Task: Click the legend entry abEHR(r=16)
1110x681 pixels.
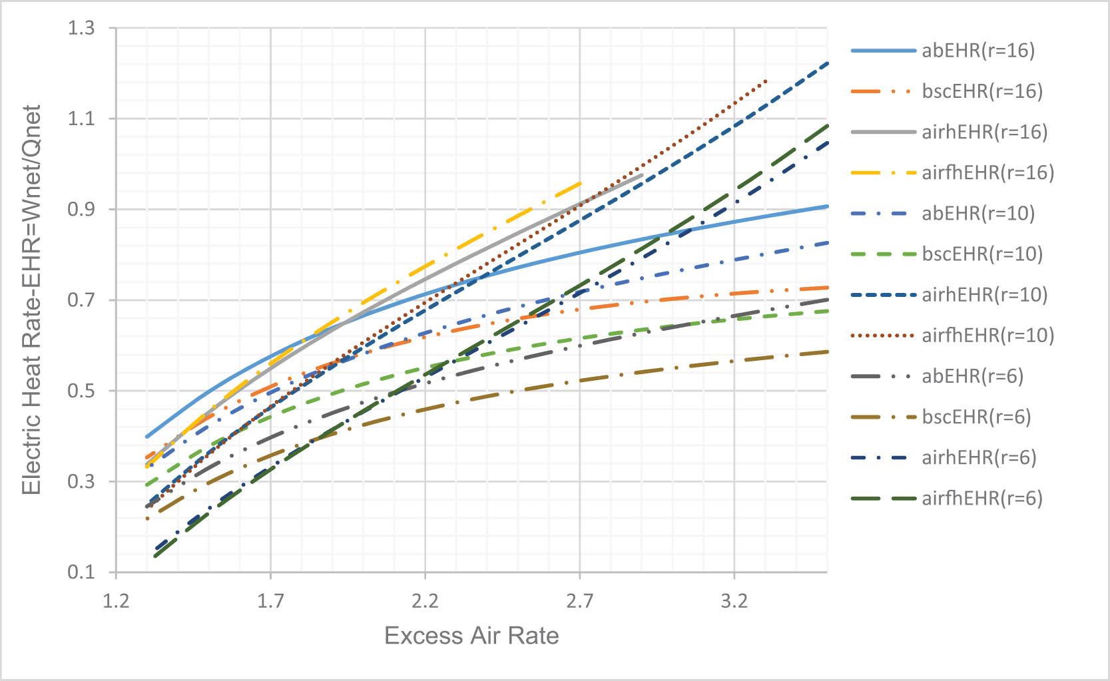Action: (x=977, y=51)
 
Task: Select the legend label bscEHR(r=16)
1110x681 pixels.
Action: (x=981, y=91)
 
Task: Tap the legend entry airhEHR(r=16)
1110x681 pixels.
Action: (x=984, y=132)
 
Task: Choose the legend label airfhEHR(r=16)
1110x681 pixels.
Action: (x=987, y=172)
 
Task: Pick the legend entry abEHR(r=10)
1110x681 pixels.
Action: (x=977, y=213)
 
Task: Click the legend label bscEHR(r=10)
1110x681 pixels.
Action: (x=981, y=254)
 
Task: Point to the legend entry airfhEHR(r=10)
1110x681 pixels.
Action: (x=987, y=335)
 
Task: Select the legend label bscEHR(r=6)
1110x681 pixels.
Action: (x=975, y=417)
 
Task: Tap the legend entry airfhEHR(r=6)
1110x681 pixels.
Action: (x=981, y=498)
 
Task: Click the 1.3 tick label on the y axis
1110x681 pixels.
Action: (x=81, y=29)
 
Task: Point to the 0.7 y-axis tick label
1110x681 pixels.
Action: (x=81, y=300)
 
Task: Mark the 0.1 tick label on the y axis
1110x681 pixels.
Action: (x=81, y=572)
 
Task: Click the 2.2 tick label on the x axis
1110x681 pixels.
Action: (x=425, y=602)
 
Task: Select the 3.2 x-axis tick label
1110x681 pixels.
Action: (x=734, y=602)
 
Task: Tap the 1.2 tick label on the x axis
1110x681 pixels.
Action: (x=116, y=602)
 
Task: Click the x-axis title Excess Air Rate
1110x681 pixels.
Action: (x=471, y=636)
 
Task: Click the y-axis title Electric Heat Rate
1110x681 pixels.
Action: (x=32, y=300)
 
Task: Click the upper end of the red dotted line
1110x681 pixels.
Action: (x=766, y=81)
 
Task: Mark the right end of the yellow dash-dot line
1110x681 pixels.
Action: (x=581, y=182)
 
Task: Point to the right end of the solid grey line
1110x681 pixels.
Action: (x=642, y=174)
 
